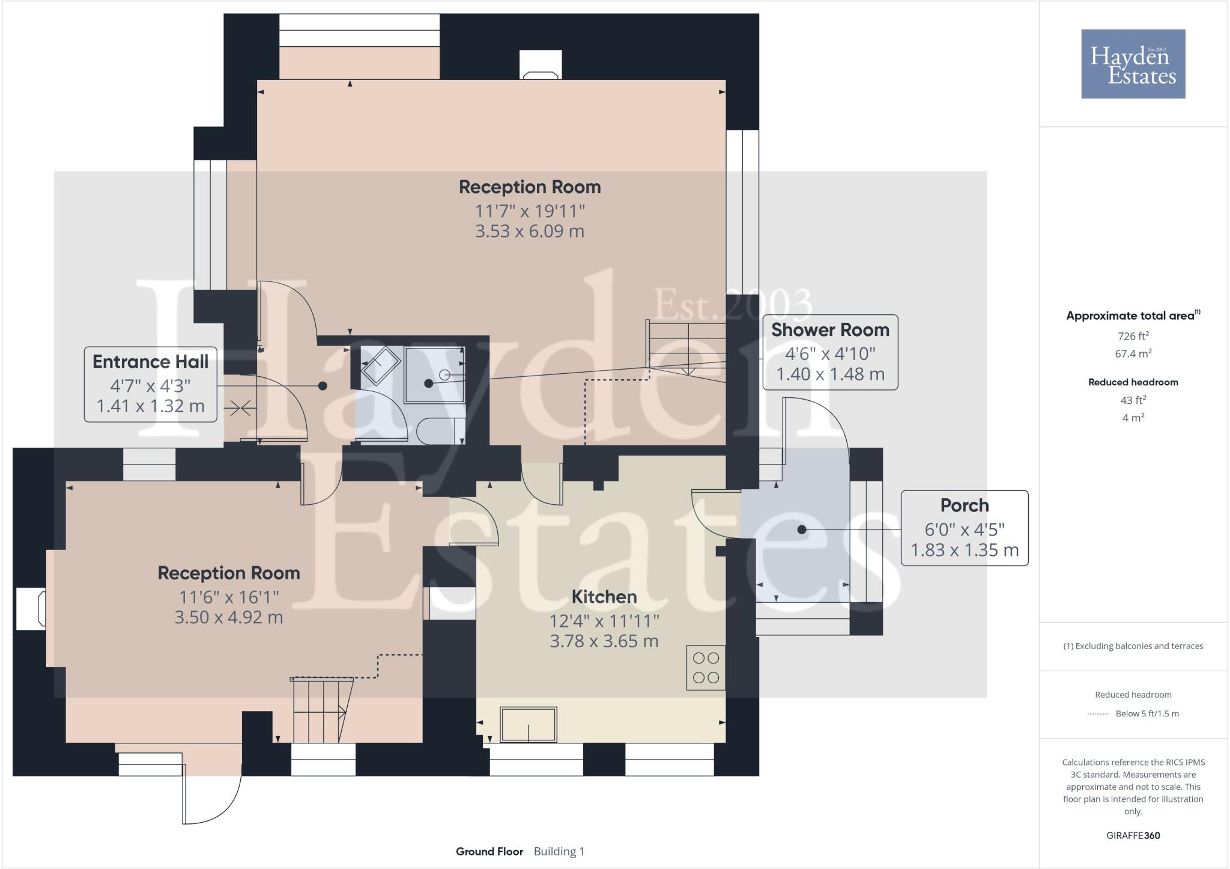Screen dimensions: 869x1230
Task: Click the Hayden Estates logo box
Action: pos(1133,64)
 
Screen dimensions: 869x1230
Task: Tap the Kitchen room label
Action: pos(604,597)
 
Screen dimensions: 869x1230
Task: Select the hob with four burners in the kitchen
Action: pos(706,668)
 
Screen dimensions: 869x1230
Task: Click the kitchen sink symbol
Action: pos(529,724)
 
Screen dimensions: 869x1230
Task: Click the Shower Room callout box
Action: pos(830,352)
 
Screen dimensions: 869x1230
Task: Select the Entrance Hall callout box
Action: pos(150,384)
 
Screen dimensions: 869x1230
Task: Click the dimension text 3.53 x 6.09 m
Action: pos(529,231)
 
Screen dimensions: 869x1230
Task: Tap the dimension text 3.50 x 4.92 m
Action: pos(228,618)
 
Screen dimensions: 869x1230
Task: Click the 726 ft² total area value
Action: pos(1133,336)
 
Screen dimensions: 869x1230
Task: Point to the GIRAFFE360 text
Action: pos(1133,835)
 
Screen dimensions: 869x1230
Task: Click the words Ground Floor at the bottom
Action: pos(489,852)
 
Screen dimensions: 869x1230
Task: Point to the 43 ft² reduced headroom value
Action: pos(1133,400)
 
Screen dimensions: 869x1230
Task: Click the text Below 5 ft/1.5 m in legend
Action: pos(1147,714)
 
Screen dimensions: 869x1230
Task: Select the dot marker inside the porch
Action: pos(801,529)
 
